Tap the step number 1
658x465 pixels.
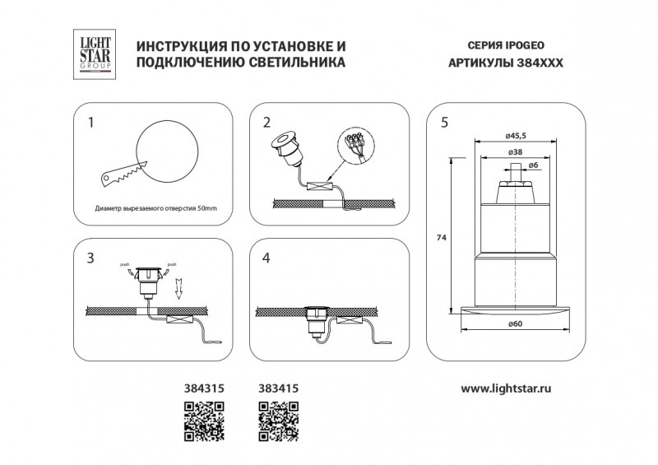point(91,123)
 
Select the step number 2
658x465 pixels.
point(266,123)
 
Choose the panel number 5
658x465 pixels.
point(444,123)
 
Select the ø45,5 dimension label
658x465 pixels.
point(515,137)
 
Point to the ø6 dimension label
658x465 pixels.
point(534,166)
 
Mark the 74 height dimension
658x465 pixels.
point(441,237)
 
